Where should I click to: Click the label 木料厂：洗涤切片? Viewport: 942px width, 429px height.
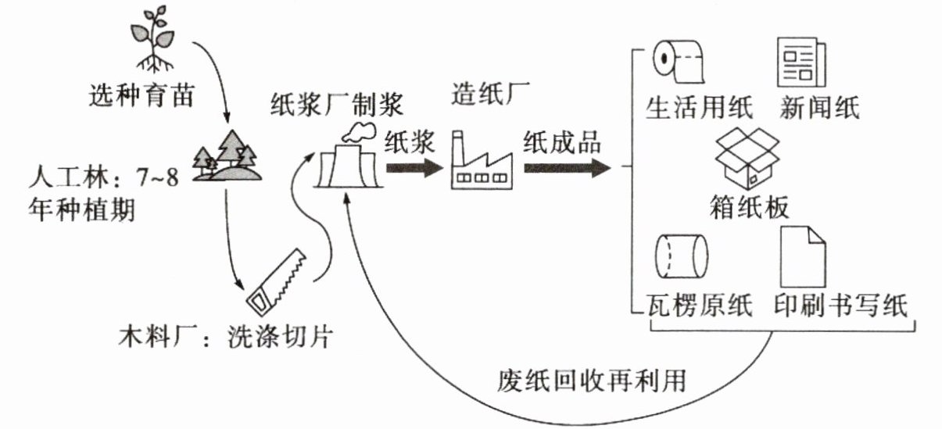pyautogui.click(x=224, y=338)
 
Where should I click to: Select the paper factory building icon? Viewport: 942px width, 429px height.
pyautogui.click(x=482, y=164)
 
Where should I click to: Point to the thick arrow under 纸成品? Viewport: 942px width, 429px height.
pyautogui.click(x=567, y=167)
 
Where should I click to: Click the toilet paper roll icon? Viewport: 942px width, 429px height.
pyautogui.click(x=678, y=61)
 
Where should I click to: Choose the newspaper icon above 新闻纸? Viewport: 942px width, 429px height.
pyautogui.click(x=801, y=62)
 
